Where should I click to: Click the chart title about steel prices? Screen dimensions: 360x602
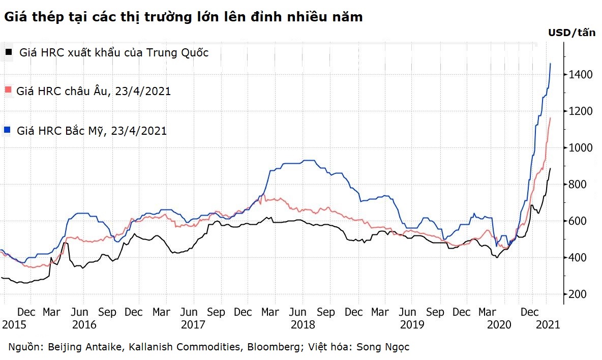click(x=184, y=17)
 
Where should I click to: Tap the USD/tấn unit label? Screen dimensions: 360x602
click(x=571, y=33)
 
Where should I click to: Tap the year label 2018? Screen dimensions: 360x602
click(x=303, y=324)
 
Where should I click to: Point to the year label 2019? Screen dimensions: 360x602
click(x=412, y=324)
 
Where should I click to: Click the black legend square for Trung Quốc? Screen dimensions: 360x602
click(x=8, y=52)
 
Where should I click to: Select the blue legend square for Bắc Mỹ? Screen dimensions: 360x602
click(x=8, y=131)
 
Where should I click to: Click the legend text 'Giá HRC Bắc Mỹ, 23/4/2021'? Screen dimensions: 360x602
click(x=92, y=131)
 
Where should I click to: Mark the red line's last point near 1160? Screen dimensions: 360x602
click(x=550, y=118)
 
